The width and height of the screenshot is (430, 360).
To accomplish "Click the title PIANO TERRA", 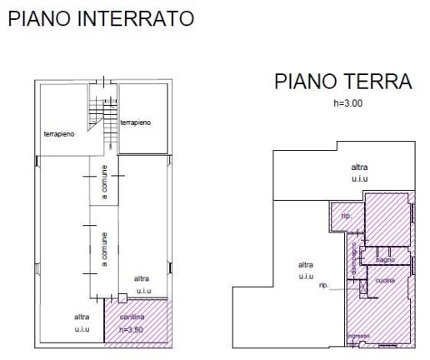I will (343, 82).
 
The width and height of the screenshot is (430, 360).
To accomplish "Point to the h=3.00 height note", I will (343, 102).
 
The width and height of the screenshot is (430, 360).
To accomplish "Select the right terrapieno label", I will (136, 122).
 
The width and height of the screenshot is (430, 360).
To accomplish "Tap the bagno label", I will (385, 260).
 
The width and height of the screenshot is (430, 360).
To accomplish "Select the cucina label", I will (385, 280).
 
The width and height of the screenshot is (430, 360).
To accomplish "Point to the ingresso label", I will (358, 337).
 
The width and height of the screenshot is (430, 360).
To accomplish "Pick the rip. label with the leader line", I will (324, 285).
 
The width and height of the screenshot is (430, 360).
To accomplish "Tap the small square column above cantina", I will (122, 297).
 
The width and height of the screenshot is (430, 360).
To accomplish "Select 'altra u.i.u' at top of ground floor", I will (360, 173).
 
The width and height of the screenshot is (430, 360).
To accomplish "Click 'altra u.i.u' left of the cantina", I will (81, 322).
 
